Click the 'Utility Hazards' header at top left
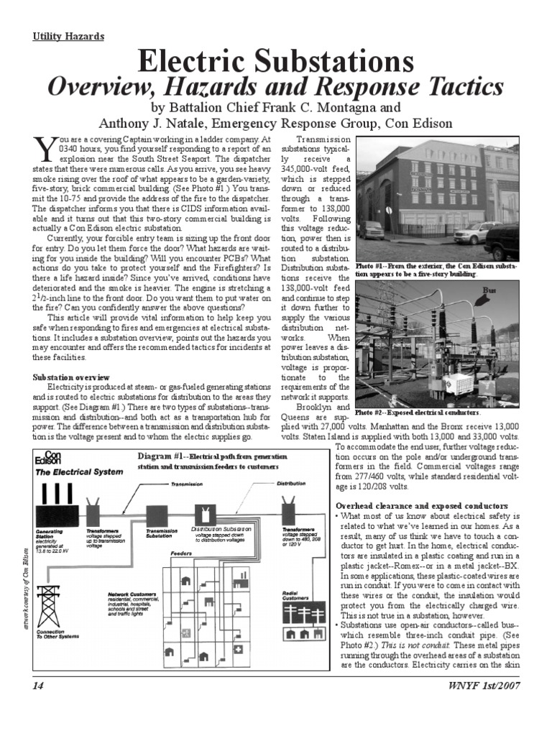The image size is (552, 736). (x=69, y=36)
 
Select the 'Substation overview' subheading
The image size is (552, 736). (x=71, y=377)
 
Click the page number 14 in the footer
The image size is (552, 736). (x=39, y=706)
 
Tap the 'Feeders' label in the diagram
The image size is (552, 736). (x=180, y=553)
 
